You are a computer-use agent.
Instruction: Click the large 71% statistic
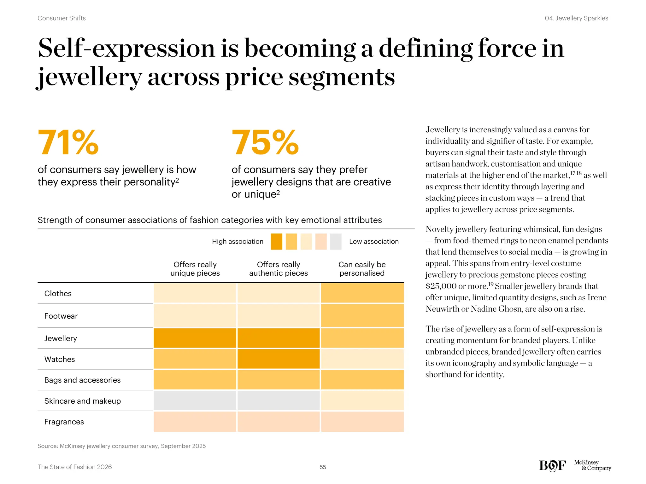click(x=68, y=142)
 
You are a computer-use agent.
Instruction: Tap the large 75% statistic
click(x=265, y=142)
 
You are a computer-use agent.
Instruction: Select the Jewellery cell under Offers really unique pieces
click(x=195, y=338)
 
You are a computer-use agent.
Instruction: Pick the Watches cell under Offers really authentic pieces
click(x=279, y=359)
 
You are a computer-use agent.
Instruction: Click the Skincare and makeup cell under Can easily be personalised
click(x=362, y=400)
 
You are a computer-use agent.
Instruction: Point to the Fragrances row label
click(x=64, y=422)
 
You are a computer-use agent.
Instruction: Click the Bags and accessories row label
click(x=82, y=380)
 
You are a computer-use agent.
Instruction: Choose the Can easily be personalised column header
click(x=362, y=269)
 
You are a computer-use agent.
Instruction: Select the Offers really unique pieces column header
click(x=195, y=269)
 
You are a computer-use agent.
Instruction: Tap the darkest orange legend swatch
click(x=276, y=242)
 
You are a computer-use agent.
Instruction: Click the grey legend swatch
click(x=336, y=242)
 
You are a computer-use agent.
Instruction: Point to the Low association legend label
click(x=374, y=242)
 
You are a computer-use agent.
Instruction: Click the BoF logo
click(x=552, y=465)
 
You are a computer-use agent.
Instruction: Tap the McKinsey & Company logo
click(x=592, y=465)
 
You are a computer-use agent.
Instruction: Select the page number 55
click(x=323, y=467)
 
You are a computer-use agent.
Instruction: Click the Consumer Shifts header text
click(x=62, y=18)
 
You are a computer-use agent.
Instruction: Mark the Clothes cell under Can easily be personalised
click(x=362, y=293)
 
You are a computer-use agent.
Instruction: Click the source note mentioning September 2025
click(x=121, y=446)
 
